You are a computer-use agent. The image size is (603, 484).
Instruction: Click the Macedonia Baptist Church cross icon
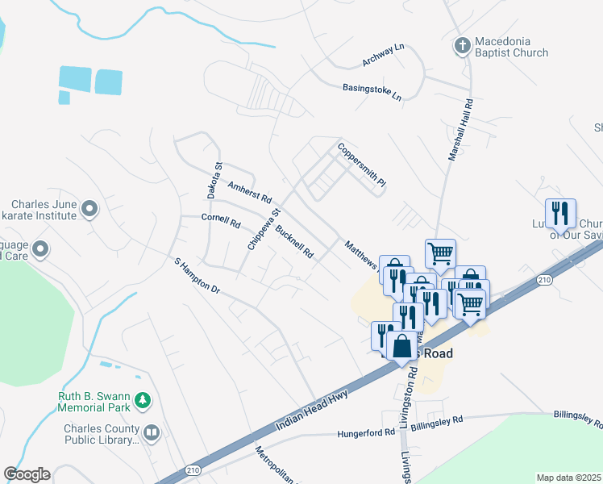click(x=463, y=45)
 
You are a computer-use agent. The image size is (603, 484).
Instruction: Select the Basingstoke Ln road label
click(x=372, y=91)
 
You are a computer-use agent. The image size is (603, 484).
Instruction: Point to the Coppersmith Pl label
click(x=362, y=166)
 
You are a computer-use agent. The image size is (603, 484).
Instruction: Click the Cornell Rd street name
click(x=221, y=220)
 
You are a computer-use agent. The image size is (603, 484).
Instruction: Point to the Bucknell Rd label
click(x=294, y=240)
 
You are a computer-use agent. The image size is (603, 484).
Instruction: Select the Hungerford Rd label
click(x=368, y=433)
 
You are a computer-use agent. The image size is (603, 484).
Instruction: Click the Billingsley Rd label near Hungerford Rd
click(x=437, y=421)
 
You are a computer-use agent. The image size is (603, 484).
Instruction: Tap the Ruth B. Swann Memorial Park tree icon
click(x=142, y=399)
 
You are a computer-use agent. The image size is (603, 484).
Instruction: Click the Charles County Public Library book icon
click(x=151, y=434)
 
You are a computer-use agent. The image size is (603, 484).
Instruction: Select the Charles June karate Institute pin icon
click(x=89, y=211)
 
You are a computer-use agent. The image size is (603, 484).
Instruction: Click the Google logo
click(x=27, y=474)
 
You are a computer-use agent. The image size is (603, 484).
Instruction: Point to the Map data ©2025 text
click(x=568, y=478)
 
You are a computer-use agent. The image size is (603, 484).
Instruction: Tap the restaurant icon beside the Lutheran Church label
click(x=560, y=214)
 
